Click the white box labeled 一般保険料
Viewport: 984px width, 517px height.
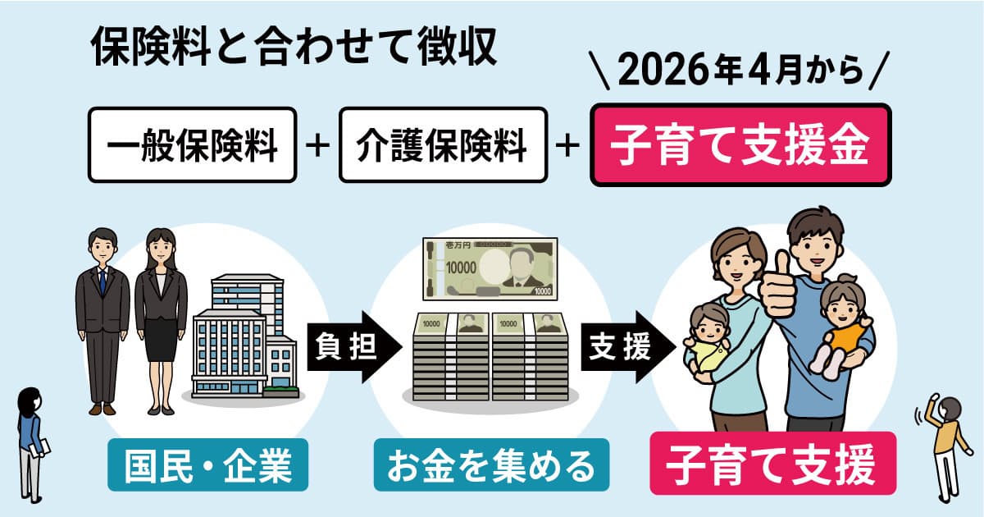(193, 144)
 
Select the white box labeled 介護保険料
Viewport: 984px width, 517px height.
(443, 144)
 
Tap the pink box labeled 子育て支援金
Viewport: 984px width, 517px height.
(740, 144)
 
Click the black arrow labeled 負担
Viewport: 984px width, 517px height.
(354, 347)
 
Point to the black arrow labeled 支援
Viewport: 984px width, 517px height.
(628, 347)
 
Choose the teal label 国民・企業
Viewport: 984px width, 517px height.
(207, 464)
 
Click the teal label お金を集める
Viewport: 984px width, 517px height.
(491, 464)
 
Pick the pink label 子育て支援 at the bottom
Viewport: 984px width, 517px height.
(772, 464)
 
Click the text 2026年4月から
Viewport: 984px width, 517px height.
(740, 71)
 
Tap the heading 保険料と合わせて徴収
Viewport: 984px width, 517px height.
(294, 47)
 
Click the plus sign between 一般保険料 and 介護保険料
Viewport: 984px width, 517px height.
(317, 145)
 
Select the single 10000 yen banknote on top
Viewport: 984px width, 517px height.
(490, 269)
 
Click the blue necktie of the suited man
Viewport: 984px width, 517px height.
(102, 281)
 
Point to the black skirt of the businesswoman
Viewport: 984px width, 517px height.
(161, 340)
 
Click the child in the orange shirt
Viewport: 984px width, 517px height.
(840, 325)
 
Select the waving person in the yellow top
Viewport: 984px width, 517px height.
(944, 448)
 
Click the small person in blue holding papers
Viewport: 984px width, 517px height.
(32, 445)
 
